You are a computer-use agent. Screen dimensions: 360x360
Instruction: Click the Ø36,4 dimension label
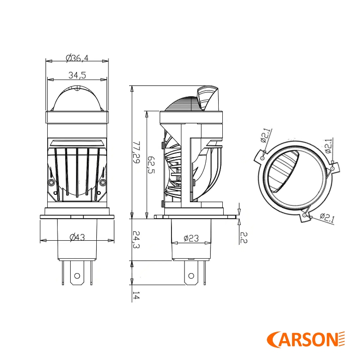tap(77, 57)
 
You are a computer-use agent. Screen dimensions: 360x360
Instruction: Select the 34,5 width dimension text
tap(77, 75)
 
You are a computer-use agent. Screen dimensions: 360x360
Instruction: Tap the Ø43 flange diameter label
tap(77, 238)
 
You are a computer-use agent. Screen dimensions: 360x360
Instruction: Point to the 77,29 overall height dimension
tap(136, 152)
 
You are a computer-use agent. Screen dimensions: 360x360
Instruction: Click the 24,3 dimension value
tap(136, 240)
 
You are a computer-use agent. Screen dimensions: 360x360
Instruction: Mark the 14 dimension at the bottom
tap(136, 296)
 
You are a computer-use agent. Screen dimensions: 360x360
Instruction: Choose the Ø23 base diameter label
tap(191, 238)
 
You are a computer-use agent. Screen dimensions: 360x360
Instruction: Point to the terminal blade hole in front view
tap(77, 275)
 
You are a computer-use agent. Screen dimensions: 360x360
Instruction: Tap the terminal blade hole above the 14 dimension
tap(192, 275)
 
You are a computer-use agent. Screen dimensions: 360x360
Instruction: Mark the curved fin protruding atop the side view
tap(208, 96)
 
